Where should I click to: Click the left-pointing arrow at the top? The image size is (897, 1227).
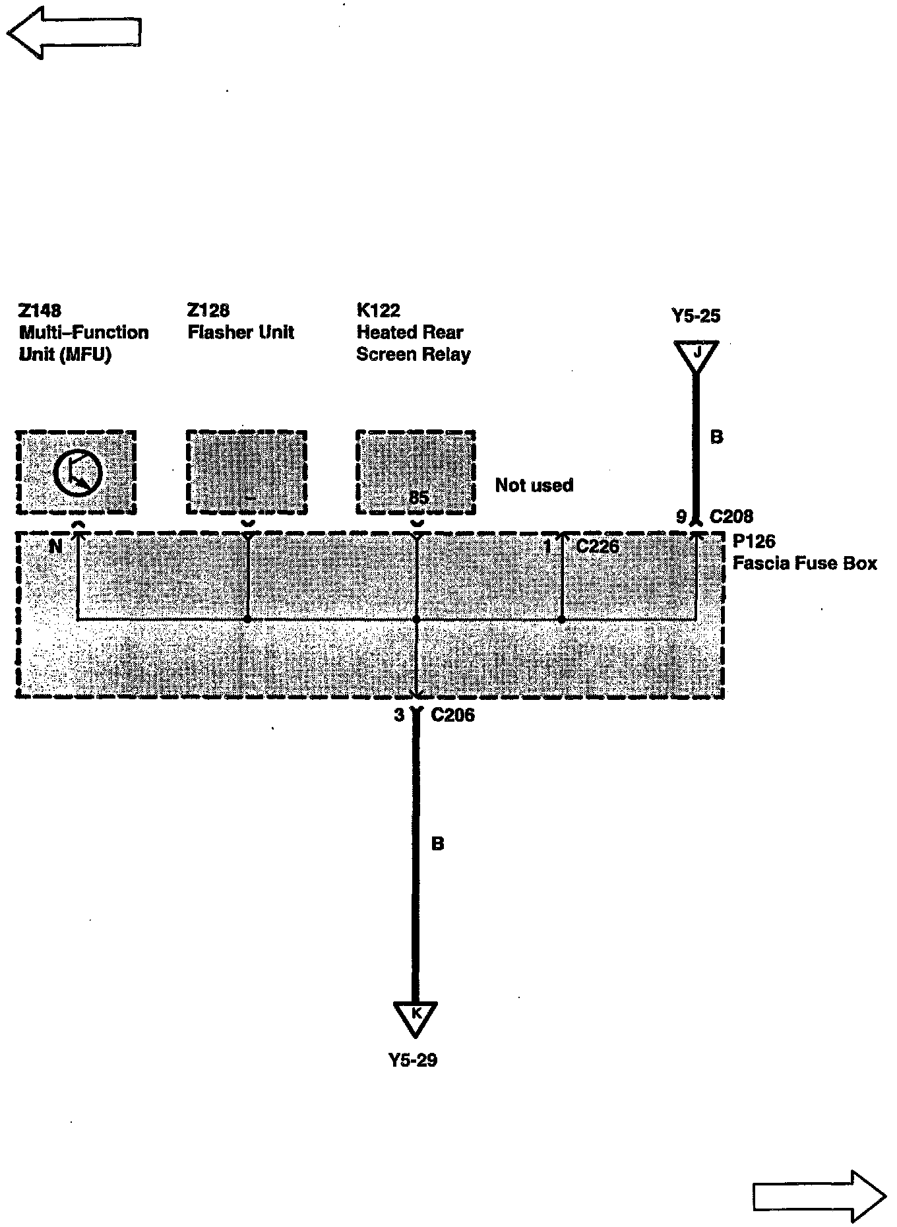(x=74, y=33)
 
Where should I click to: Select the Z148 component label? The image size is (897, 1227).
(x=40, y=310)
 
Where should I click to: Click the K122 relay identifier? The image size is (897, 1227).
(x=379, y=310)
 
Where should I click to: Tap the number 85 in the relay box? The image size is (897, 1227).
(x=419, y=498)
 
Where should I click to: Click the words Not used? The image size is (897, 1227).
(x=534, y=486)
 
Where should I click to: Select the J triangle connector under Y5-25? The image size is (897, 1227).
(x=696, y=354)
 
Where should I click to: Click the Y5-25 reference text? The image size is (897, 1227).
(x=696, y=316)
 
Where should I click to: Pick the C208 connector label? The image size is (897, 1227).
(x=731, y=517)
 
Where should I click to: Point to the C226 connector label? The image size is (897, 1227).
(x=598, y=546)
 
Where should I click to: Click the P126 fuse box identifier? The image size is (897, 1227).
(x=755, y=542)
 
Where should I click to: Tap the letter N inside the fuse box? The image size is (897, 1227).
(x=56, y=546)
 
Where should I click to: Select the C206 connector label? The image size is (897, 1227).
(x=452, y=715)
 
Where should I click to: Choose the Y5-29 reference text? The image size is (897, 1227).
(x=413, y=1060)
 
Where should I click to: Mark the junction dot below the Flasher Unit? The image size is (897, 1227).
(x=247, y=619)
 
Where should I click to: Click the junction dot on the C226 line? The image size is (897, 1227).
(x=561, y=619)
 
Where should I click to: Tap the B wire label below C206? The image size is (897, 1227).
(x=437, y=844)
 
